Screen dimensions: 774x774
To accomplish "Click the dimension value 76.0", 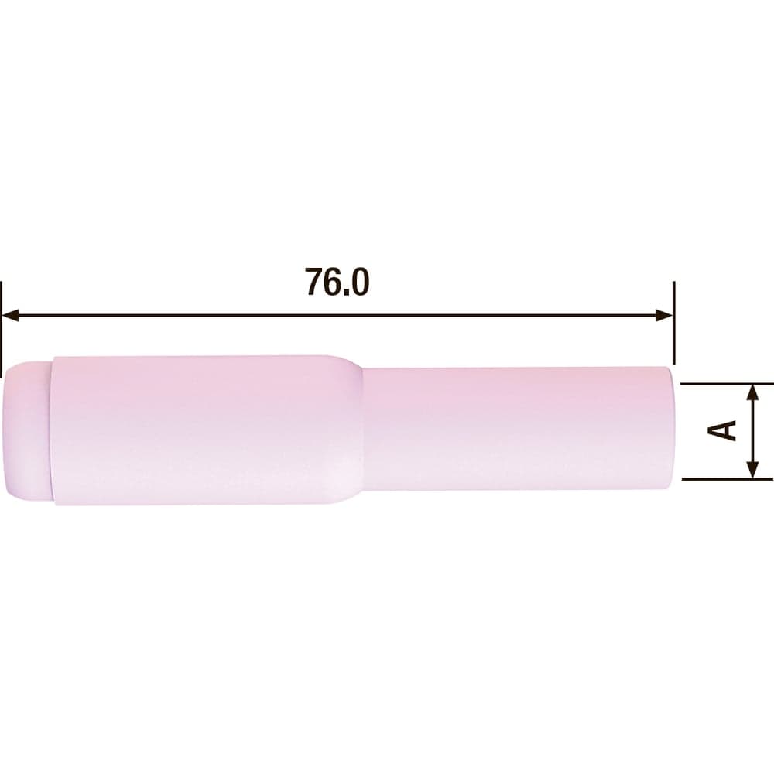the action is (337, 282).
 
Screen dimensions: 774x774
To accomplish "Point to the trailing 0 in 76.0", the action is (360, 282).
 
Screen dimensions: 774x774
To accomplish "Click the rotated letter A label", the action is (722, 430).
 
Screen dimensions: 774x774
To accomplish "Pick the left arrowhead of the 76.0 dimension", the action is (10, 315).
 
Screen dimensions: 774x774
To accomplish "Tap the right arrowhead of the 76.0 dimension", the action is (664, 315).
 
